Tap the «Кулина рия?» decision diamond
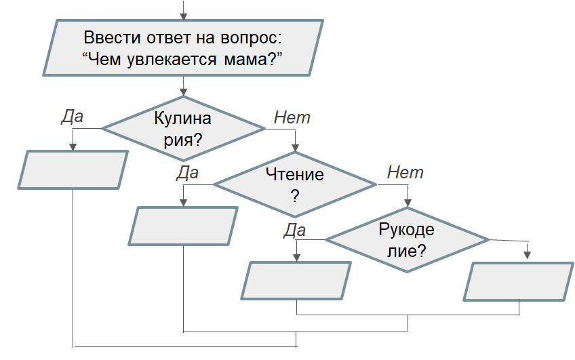click(183, 129)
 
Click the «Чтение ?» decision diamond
click(295, 184)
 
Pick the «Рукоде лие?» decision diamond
click(407, 240)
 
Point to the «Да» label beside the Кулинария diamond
click(73, 117)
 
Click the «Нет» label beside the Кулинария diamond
click(292, 117)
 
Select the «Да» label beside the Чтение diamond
click(187, 173)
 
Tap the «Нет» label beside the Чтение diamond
click(405, 172)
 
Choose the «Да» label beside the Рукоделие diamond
click(294, 231)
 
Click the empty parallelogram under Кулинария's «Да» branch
click(73, 169)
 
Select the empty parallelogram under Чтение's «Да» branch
click(183, 226)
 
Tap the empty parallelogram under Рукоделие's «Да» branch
click(296, 281)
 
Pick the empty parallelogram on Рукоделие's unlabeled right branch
click(519, 281)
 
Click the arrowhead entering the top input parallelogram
click(183, 16)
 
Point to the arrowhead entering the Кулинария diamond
click(183, 92)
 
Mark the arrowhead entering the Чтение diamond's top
click(295, 148)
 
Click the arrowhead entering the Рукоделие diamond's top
click(408, 203)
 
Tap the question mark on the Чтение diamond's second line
click(295, 196)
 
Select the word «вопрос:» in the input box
click(251, 39)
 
